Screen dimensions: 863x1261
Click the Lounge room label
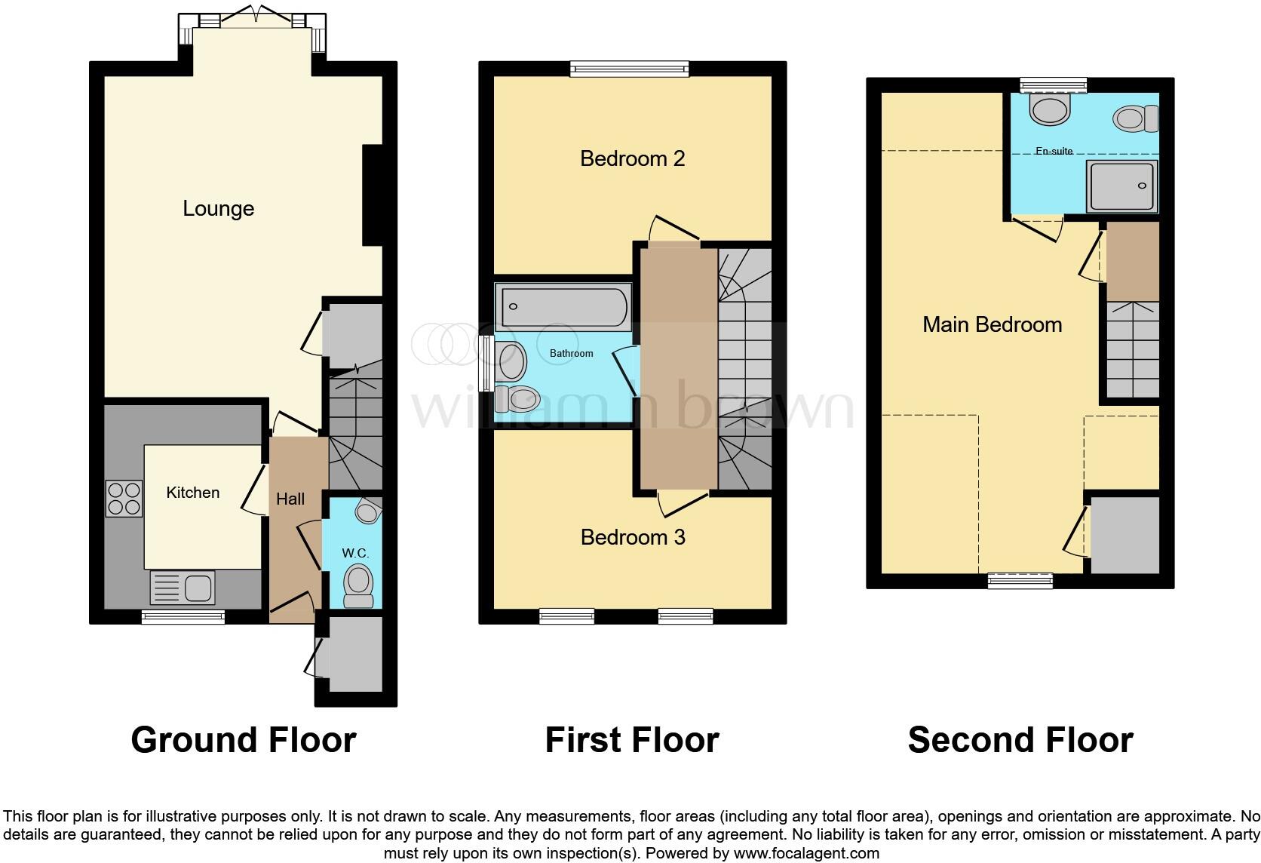click(218, 208)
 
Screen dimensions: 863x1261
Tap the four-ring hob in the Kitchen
click(124, 498)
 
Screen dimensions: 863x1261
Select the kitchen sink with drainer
click(183, 588)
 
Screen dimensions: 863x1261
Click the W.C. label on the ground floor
click(355, 553)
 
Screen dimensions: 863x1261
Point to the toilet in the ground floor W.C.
click(357, 587)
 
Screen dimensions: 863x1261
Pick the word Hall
click(290, 499)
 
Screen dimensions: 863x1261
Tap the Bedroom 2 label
click(632, 158)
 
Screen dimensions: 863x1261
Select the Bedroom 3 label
click(632, 537)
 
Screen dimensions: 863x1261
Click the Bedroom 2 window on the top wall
click(630, 69)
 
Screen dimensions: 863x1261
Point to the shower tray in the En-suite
click(1121, 186)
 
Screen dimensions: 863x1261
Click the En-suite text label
click(1054, 151)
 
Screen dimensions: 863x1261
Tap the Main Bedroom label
click(992, 324)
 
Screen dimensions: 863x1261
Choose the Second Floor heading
click(1020, 739)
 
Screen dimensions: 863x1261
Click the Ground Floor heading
click(243, 739)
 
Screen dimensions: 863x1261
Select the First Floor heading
click(631, 739)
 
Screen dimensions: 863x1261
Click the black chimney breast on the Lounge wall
click(373, 195)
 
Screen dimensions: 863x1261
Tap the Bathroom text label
click(571, 353)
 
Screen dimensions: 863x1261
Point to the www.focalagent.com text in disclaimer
click(805, 853)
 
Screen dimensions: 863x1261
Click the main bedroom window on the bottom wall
click(1020, 580)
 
